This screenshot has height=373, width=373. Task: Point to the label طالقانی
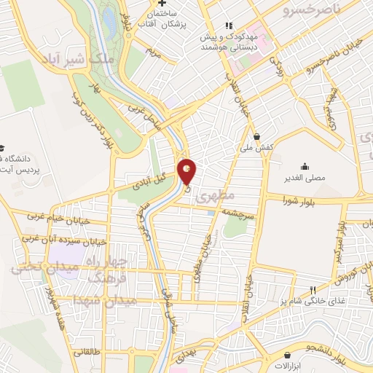pos(85,350)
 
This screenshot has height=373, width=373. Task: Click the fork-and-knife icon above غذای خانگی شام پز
pos(313,289)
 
